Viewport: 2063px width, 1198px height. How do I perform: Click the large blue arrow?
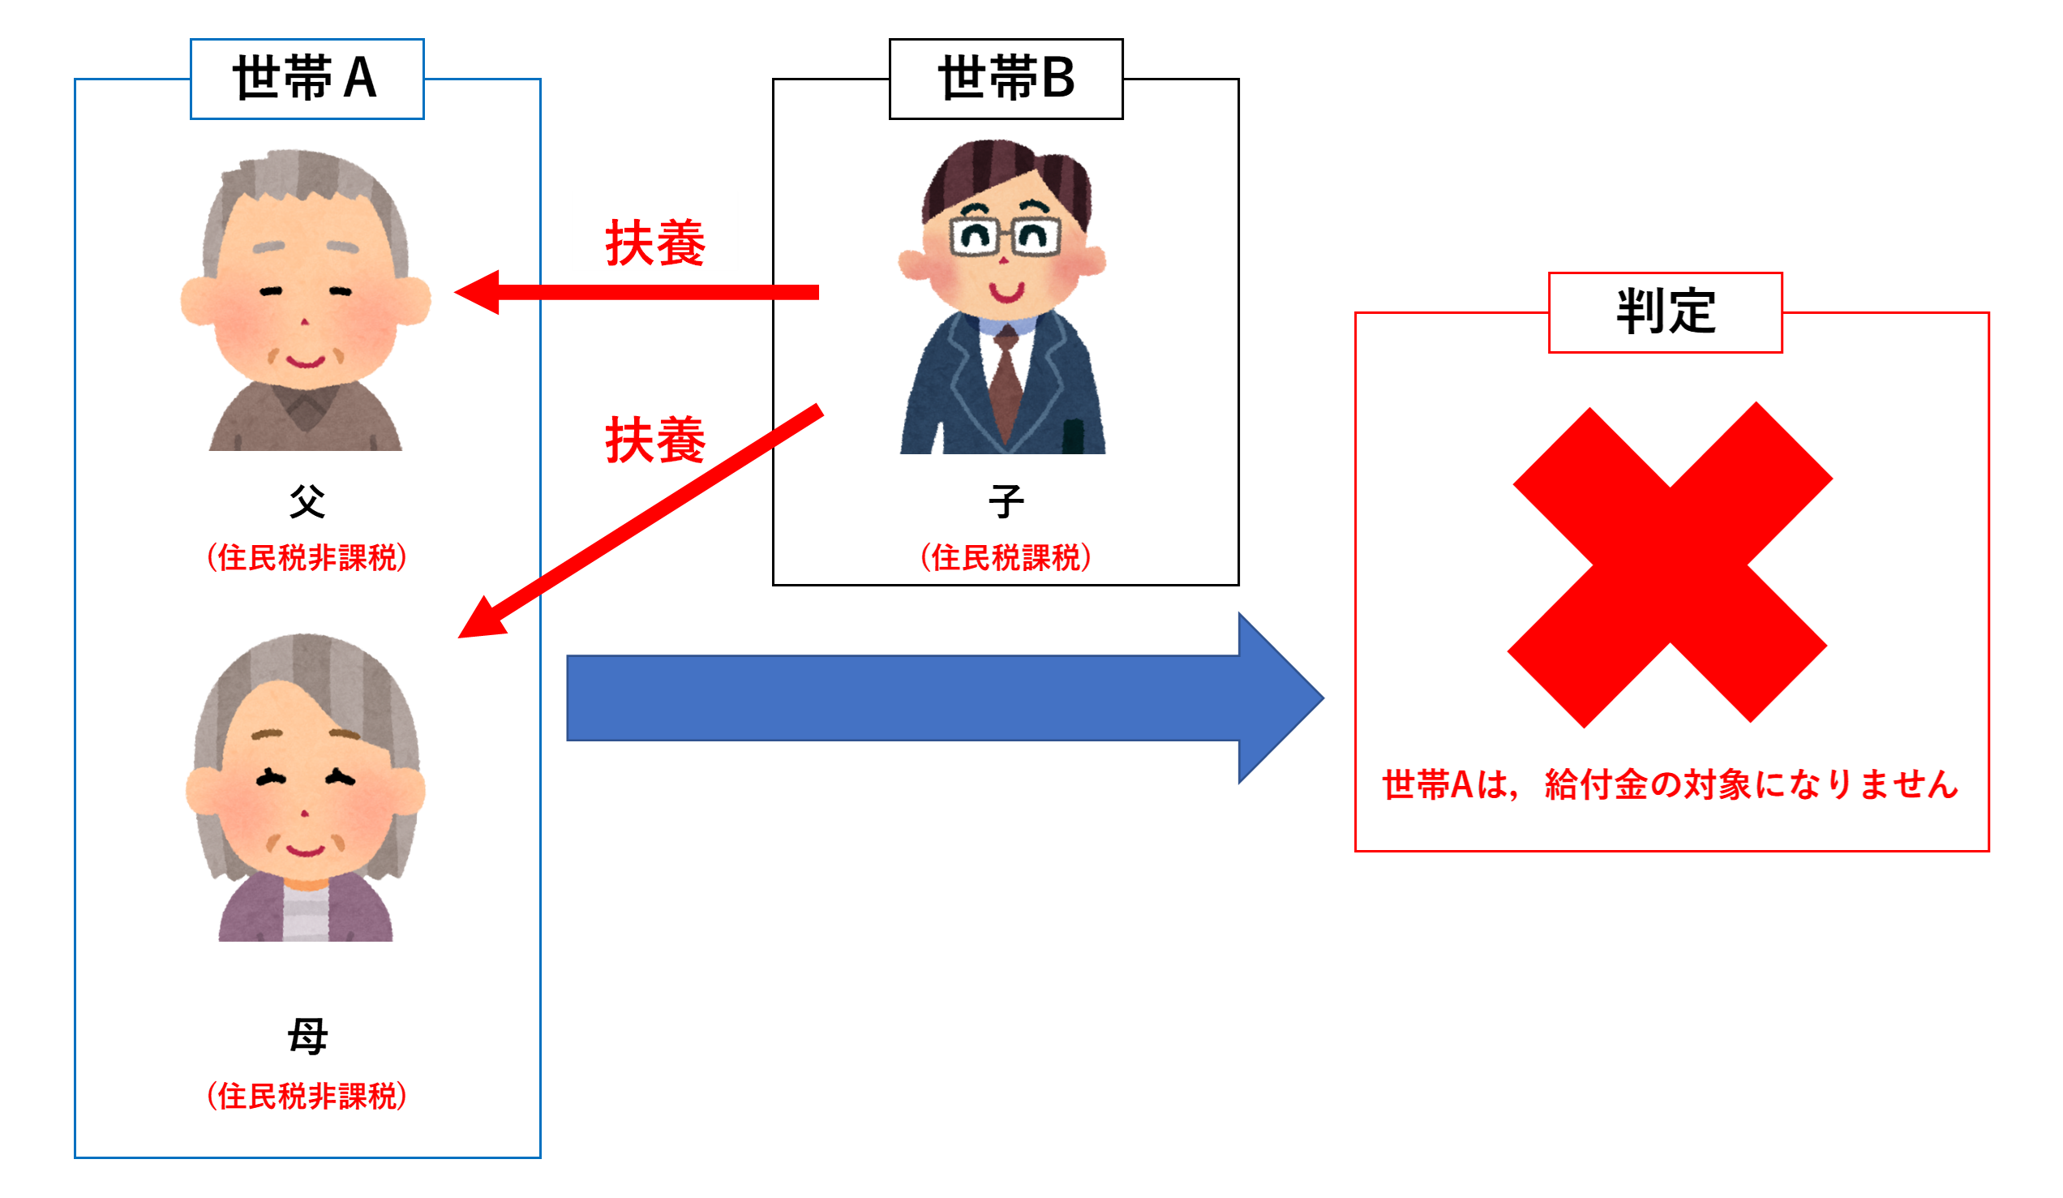(941, 698)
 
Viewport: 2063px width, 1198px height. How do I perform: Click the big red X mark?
(1669, 565)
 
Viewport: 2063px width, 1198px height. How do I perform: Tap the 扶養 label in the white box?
(655, 243)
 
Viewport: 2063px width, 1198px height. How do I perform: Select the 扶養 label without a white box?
(655, 440)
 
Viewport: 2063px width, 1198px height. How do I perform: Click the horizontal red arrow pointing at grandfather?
(638, 292)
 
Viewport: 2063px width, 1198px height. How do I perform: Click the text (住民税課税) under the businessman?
(1006, 559)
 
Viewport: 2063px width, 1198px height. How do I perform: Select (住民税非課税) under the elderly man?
(307, 559)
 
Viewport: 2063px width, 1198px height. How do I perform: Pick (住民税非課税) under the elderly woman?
(307, 1097)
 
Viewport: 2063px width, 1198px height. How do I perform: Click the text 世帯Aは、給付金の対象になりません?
(1670, 785)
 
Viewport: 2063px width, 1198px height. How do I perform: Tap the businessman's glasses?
(1006, 238)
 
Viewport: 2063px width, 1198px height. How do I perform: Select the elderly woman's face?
(305, 786)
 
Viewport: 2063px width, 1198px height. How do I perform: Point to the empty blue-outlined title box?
(307, 79)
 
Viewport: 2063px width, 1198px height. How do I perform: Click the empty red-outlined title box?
(1665, 313)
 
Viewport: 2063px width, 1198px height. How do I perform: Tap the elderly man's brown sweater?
(305, 418)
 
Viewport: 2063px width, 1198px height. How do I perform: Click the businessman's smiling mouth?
(1006, 290)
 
